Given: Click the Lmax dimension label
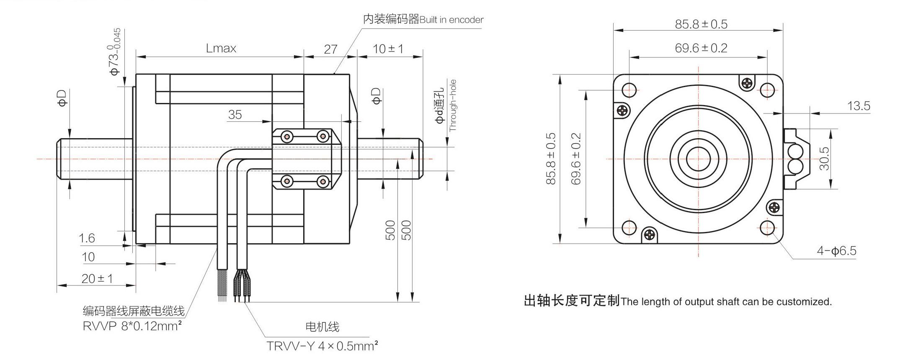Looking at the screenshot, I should (221, 49).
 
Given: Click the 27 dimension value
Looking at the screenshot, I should (330, 49).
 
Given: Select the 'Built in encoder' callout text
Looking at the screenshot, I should (451, 20).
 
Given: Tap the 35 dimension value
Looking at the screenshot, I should (235, 114).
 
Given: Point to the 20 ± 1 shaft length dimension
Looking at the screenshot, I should (97, 278).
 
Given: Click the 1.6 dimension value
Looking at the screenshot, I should (87, 238).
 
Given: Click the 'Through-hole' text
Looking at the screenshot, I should (453, 105).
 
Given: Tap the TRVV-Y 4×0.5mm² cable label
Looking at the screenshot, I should (322, 346).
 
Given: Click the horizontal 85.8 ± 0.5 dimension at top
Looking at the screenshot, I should (701, 24).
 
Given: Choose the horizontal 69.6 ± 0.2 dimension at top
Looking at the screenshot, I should (701, 48).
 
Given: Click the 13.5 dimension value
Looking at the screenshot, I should (858, 106).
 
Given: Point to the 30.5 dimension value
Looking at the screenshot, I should (824, 158).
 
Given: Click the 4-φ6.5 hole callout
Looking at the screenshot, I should (836, 251).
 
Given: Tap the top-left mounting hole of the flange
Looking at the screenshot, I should (629, 89).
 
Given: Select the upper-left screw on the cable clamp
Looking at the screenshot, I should (287, 136).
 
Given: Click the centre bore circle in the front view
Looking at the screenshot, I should (698, 159).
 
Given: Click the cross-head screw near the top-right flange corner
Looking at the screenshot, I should (747, 83).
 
